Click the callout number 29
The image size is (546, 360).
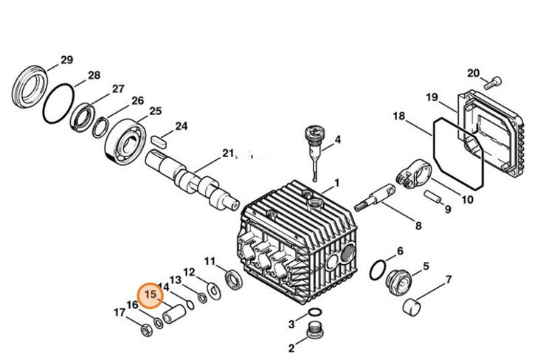(66, 59)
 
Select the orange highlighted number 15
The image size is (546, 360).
(152, 295)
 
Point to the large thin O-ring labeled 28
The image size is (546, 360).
(58, 104)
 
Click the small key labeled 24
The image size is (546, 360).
(160, 138)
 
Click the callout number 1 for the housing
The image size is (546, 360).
(336, 182)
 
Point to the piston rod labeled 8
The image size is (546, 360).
(376, 198)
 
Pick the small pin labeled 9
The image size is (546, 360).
(435, 199)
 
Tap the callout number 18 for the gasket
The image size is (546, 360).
(398, 117)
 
